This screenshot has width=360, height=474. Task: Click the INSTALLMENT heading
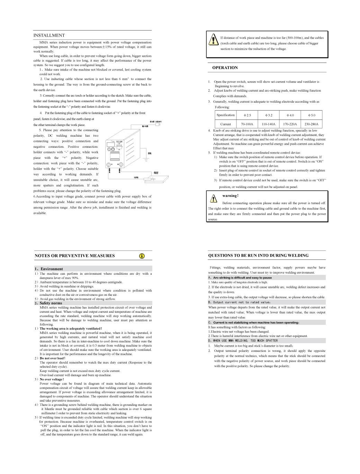pos(49,35)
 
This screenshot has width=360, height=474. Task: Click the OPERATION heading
pos(225,68)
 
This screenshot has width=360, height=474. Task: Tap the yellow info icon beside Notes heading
pos(142,256)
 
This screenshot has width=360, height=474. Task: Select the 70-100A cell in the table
pos(247,124)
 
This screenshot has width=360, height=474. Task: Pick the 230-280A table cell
pos(311,124)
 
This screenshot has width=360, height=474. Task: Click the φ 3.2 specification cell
pos(269,115)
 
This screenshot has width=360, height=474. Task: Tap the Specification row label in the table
pos(226,115)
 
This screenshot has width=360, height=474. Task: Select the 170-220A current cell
pos(290,124)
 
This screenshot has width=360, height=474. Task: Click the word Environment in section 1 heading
pos(52,269)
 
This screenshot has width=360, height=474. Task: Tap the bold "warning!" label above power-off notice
pos(230,196)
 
